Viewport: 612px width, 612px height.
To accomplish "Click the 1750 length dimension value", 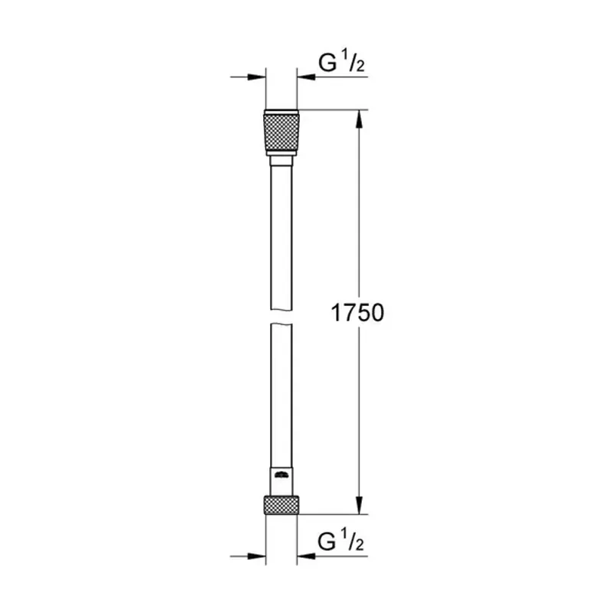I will (356, 313).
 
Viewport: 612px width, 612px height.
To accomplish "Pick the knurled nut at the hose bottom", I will (281, 504).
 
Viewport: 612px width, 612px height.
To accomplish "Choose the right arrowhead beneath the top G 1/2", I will (305, 77).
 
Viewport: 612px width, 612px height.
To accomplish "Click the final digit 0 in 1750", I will (373, 313).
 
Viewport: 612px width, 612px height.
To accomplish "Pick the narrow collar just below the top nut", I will (281, 161).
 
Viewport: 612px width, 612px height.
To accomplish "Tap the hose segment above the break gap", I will (281, 237).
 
